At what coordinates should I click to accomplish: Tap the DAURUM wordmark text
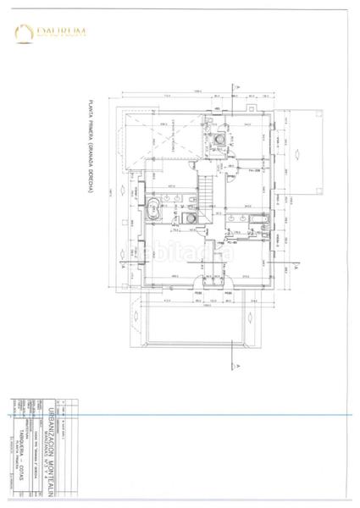62,33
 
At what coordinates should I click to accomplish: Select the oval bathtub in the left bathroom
155,208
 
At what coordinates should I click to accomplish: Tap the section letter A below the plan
240,364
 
